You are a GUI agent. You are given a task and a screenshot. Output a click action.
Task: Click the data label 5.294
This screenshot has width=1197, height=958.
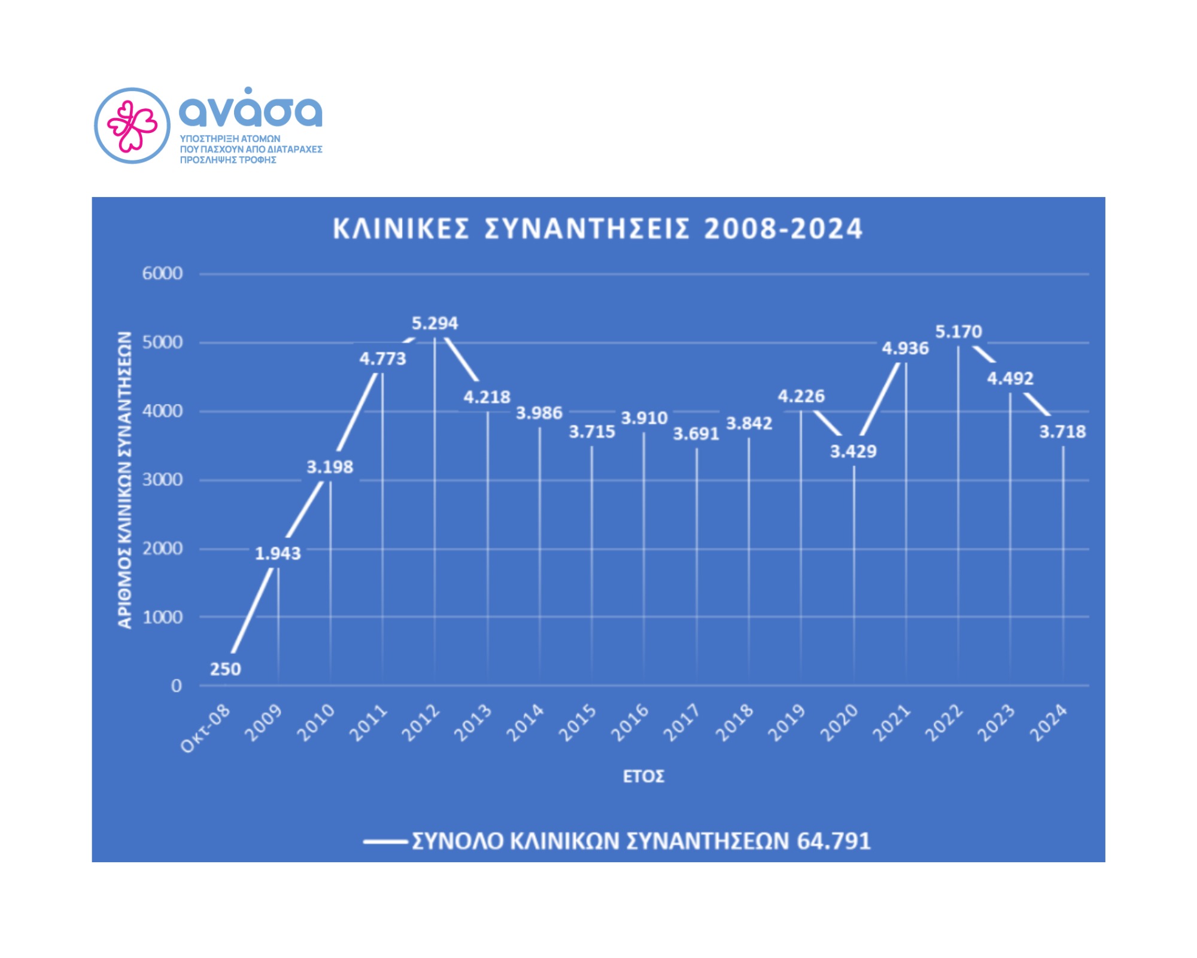pos(435,323)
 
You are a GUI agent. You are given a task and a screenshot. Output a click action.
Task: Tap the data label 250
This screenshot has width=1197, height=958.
pos(225,669)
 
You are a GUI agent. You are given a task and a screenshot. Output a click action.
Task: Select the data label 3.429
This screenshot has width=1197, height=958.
pos(853,451)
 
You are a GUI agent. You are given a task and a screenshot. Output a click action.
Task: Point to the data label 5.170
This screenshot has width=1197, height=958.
pos(958,331)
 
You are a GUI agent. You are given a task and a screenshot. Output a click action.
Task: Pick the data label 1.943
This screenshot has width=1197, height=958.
pos(278,553)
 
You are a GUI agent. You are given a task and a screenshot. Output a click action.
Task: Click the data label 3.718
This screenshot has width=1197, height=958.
pos(1062,431)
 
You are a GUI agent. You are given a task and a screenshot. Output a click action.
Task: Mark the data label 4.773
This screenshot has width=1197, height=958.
pos(382,359)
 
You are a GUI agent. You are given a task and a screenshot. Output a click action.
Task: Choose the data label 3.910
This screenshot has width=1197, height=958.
pos(644,417)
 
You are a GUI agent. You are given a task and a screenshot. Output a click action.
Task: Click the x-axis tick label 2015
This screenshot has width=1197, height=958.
pos(578,723)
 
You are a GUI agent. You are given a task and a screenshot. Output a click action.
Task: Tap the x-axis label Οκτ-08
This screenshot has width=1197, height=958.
pos(205,728)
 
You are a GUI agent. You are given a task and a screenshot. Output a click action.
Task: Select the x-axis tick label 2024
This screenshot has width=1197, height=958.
pos(1048,723)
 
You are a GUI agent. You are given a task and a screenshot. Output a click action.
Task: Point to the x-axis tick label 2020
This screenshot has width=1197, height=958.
pos(839,723)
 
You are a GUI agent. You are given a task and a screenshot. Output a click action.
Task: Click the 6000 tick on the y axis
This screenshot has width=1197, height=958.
pos(162,274)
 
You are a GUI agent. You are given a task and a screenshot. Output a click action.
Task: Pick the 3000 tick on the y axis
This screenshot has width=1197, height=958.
pos(162,480)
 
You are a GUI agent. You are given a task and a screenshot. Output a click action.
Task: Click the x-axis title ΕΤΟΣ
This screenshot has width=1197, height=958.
pos(643,777)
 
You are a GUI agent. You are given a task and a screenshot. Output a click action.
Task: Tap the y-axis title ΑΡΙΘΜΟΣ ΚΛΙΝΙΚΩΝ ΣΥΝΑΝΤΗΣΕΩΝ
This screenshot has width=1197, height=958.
pos(124,480)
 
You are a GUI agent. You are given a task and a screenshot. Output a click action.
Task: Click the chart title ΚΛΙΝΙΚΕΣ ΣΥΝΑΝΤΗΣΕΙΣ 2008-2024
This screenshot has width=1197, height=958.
pos(597,229)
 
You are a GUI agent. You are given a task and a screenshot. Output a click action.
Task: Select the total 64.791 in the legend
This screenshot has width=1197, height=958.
pos(834,841)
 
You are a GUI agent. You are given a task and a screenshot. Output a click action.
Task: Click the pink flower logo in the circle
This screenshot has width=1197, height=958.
pos(132,126)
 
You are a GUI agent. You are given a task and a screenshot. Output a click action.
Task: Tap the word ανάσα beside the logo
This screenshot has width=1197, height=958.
pos(250,110)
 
